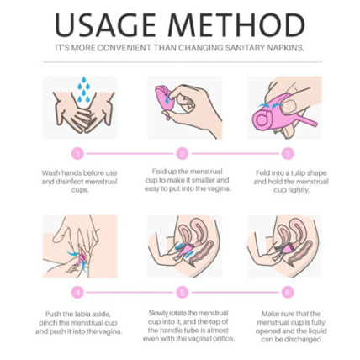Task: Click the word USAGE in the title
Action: tap(105, 24)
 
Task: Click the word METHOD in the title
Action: tap(237, 24)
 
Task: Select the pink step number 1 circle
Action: tap(78, 154)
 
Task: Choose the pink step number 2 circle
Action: tap(183, 154)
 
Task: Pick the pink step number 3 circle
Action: tap(288, 154)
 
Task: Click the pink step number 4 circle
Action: tap(78, 293)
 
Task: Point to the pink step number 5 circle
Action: tap(183, 293)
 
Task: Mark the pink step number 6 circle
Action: tap(288, 293)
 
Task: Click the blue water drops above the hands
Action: tap(83, 89)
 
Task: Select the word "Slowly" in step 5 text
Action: tap(157, 313)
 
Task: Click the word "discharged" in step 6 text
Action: tap(303, 340)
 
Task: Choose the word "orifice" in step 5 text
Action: tap(223, 339)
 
